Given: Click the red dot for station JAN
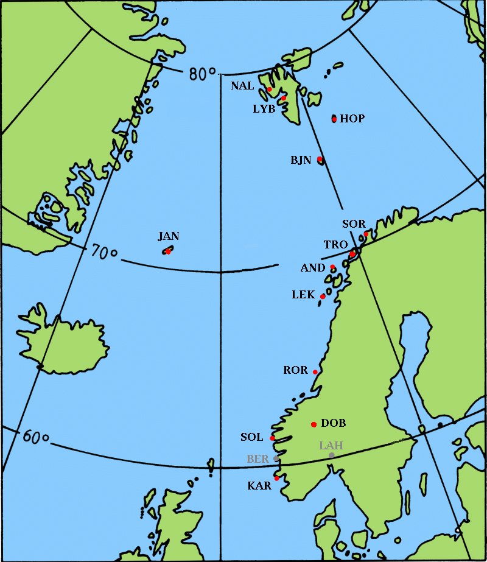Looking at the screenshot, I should pos(168,251).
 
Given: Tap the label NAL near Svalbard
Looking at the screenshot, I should pos(242,86).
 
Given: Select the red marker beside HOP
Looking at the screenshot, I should pos(334,119).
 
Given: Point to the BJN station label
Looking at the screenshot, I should pos(301,161).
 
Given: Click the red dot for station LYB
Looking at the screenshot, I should pos(284,97).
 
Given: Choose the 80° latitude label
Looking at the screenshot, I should pos(203,74).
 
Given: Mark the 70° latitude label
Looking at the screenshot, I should pos(104,251).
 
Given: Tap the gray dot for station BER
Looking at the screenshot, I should pos(276,458).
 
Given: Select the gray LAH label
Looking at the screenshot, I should pos(331,446).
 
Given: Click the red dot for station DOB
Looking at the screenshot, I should pos(314,424).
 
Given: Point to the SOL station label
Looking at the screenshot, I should pos(252,437).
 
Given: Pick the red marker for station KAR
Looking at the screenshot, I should pos(276,478).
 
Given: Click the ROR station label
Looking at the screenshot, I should pos(296,370).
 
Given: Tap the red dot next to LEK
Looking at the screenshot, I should pos(323,297).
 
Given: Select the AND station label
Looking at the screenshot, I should pos(314,268).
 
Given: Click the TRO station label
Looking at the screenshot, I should pos(335,245).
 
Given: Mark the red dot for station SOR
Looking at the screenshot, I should pos(366,234).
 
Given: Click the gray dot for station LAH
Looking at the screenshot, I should pos(331,455).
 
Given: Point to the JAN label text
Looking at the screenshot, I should pos(169,236).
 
